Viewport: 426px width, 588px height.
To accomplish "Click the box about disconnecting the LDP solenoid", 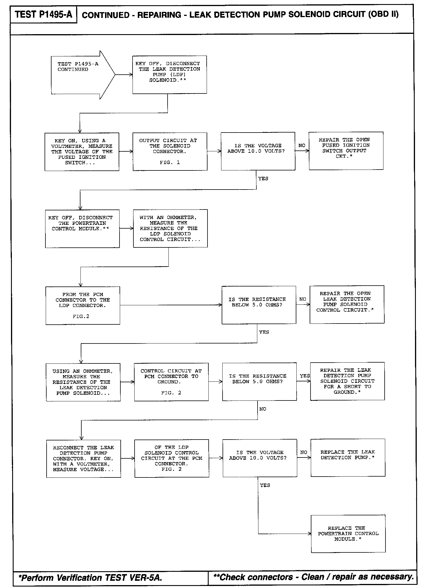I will tap(170, 75).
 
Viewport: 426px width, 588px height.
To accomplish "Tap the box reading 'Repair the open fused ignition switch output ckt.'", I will tap(346, 151).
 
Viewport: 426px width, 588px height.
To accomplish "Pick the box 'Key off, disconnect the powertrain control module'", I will tap(82, 229).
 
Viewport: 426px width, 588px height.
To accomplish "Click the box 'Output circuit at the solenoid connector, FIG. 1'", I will tap(170, 151).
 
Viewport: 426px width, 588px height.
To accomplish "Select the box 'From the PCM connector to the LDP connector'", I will tap(83, 305).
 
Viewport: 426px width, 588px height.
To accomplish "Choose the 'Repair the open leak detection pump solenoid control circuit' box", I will tap(347, 304).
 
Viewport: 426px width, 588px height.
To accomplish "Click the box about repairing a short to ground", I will tap(347, 381).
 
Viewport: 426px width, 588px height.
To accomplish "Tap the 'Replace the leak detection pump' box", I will tap(348, 457).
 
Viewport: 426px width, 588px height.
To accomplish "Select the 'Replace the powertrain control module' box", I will tap(348, 534).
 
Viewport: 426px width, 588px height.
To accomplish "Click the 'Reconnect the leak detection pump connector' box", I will tap(83, 459).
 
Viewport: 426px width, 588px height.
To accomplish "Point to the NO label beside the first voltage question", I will tap(302, 146).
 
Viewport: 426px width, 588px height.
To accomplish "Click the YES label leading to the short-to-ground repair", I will tap(305, 376).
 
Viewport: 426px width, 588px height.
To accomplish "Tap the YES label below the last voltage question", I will tap(265, 485).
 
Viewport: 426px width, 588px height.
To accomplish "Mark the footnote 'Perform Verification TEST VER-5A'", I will tap(90, 578).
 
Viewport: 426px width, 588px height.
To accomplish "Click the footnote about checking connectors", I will tap(313, 577).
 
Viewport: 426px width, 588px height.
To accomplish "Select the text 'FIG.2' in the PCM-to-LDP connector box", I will tap(81, 317).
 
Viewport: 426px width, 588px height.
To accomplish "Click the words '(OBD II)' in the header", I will tap(383, 14).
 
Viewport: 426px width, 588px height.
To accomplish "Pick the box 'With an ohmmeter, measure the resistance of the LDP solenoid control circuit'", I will tap(170, 228).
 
